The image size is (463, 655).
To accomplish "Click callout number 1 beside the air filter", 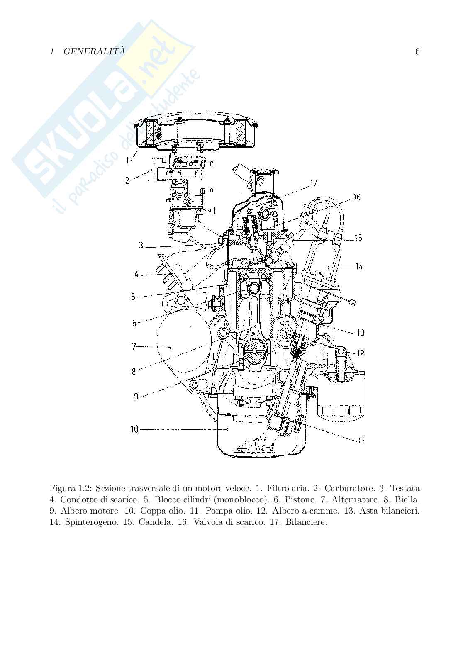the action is click(127, 160).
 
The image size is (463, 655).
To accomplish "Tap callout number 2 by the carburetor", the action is click(127, 180).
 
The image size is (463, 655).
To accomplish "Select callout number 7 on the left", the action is click(134, 347).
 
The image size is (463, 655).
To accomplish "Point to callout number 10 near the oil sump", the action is click(134, 429).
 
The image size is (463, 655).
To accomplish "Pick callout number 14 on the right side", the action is click(359, 266).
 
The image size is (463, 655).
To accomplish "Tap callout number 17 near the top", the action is click(314, 183).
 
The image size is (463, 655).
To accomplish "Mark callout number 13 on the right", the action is click(361, 332).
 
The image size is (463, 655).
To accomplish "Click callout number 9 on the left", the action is click(136, 397).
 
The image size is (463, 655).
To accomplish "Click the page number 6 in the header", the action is click(417, 51).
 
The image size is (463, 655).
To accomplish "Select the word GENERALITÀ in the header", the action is click(94, 51).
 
